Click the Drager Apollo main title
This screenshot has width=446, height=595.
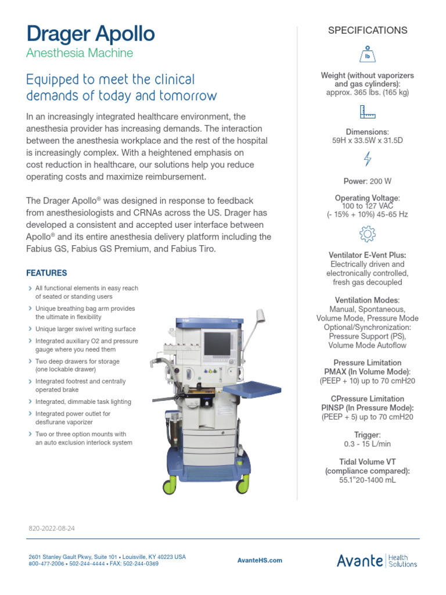point(91,34)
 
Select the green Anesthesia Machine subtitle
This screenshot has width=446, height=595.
point(80,53)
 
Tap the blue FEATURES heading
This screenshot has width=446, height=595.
point(47,273)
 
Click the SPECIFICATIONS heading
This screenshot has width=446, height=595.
point(368,30)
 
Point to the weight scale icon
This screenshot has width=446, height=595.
point(368,54)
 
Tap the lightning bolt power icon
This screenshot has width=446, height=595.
point(368,159)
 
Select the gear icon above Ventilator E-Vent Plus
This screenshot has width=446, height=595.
point(368,234)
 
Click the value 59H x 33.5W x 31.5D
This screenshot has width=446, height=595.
point(368,140)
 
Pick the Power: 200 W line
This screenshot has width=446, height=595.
point(368,181)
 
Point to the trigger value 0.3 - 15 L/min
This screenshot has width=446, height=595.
point(368,443)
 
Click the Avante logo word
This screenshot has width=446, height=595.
point(360,560)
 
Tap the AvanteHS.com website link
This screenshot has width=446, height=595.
point(260,560)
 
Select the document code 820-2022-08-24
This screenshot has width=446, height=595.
point(52,529)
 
